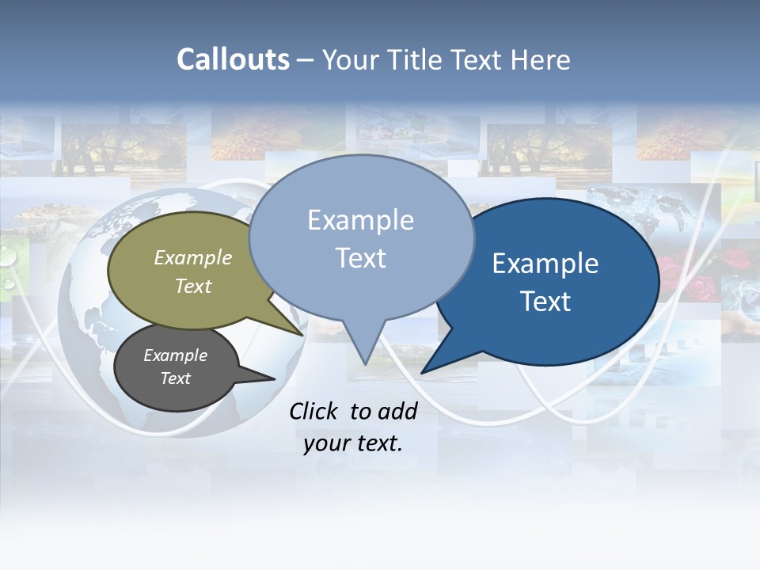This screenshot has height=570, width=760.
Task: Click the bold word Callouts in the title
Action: click(x=233, y=59)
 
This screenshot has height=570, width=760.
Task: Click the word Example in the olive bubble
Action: click(x=193, y=257)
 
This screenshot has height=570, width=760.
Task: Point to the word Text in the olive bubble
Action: click(x=193, y=286)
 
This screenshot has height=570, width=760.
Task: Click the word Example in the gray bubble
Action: click(x=175, y=355)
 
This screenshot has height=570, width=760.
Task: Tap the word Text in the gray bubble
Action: click(x=175, y=378)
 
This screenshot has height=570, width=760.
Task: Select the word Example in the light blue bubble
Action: click(x=360, y=220)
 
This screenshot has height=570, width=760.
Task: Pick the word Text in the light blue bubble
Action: click(x=360, y=258)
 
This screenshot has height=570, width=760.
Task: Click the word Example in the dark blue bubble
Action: click(x=545, y=264)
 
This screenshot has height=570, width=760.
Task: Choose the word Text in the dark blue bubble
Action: click(x=545, y=302)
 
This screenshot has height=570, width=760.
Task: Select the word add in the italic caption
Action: click(x=397, y=411)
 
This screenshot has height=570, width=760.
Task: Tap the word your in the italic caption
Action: click(x=325, y=443)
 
